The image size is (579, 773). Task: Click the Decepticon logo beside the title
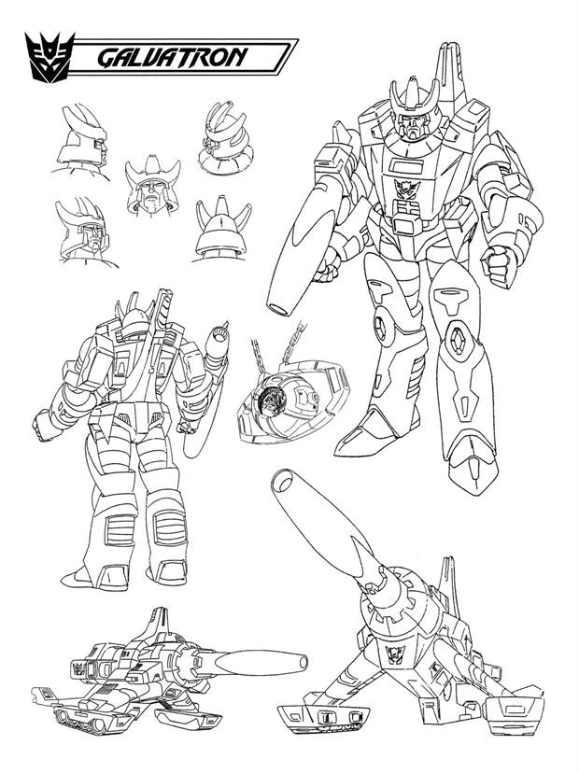(x=49, y=57)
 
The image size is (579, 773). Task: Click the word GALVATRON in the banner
(x=172, y=57)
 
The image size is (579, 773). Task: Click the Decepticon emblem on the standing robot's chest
(x=407, y=188)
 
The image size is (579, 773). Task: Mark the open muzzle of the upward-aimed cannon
(x=283, y=481)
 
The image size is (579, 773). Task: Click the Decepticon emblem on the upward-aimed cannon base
(x=394, y=654)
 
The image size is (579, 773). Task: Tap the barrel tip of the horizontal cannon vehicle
(x=300, y=662)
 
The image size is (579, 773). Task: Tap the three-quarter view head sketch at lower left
(x=85, y=232)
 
